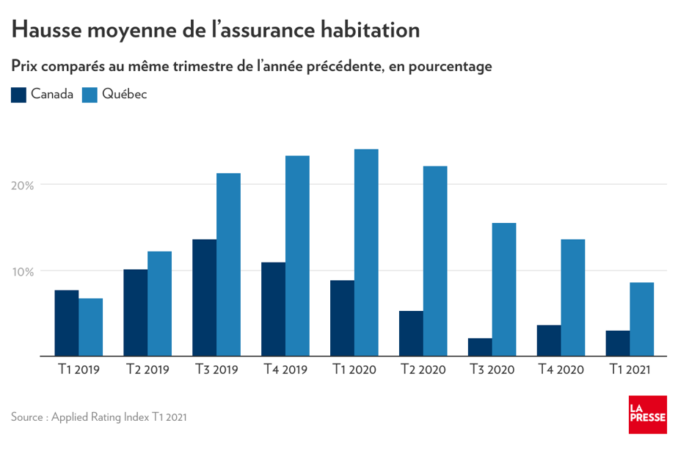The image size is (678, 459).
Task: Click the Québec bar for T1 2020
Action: (366, 253)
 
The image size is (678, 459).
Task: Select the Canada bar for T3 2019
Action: (205, 298)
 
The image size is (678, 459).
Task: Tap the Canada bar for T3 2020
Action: (480, 348)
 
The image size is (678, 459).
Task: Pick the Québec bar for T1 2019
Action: (91, 327)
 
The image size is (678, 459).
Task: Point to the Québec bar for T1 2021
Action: (642, 320)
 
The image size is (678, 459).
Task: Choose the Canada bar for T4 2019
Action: (274, 309)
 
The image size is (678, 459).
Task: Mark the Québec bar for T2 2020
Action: (435, 261)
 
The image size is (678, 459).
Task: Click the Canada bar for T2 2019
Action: (136, 313)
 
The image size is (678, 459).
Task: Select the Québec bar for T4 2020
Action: (573, 298)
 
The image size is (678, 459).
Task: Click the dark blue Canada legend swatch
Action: (19, 95)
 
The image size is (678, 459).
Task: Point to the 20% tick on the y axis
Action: (23, 185)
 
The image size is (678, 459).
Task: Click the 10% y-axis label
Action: (23, 271)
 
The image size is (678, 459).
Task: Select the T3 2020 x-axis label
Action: (492, 370)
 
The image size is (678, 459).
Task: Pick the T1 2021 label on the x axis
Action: (630, 370)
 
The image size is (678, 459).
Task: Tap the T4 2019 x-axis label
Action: (285, 370)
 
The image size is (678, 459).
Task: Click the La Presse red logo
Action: (647, 414)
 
